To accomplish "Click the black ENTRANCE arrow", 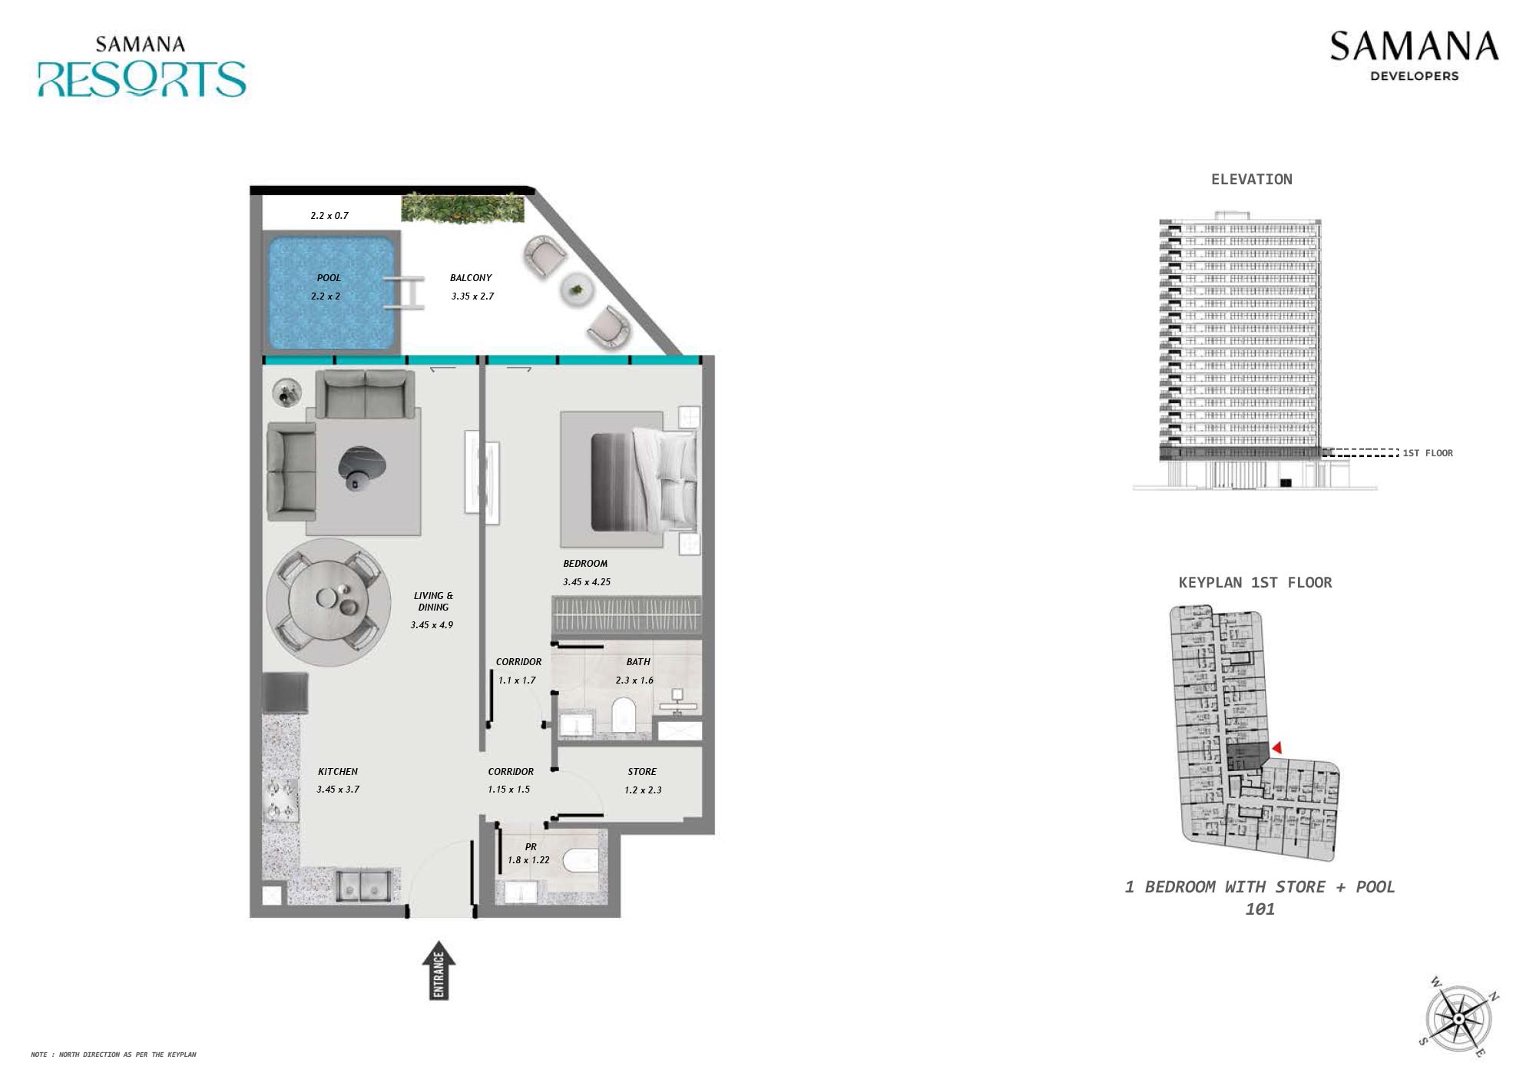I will [x=439, y=971].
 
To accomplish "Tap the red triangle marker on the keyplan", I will [x=1276, y=747].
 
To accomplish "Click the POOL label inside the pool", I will [x=329, y=278].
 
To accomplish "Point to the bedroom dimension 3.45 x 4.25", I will [x=587, y=582].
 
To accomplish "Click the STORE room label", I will [x=642, y=772].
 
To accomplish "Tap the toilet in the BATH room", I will [x=622, y=714].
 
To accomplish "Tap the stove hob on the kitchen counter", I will [x=280, y=800].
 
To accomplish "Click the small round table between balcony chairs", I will [x=576, y=290].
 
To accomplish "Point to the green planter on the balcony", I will [x=463, y=207].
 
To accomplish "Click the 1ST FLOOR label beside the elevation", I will [x=1428, y=453].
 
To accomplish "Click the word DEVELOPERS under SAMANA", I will [x=1414, y=76].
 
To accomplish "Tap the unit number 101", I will [x=1260, y=909].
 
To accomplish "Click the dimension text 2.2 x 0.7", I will [x=329, y=216].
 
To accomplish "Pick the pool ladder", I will [x=405, y=292].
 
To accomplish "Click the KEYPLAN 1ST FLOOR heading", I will [x=1255, y=583].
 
